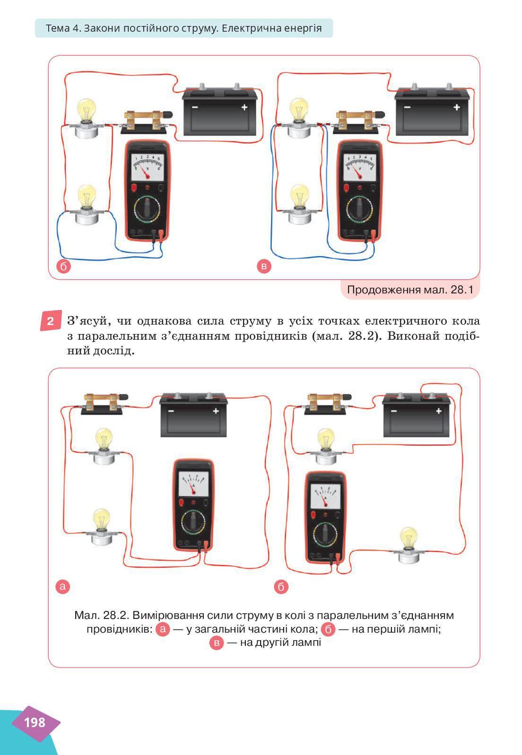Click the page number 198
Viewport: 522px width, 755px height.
pyautogui.click(x=35, y=722)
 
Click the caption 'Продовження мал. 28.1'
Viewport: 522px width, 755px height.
pyautogui.click(x=410, y=289)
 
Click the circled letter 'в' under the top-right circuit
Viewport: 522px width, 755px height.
pyautogui.click(x=264, y=266)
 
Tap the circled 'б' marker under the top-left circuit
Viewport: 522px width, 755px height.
pyautogui.click(x=64, y=266)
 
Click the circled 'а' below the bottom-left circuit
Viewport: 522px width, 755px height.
pyautogui.click(x=62, y=586)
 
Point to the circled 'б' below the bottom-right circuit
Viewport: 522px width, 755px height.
pyautogui.click(x=281, y=587)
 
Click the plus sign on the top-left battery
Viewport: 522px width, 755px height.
pyautogui.click(x=244, y=107)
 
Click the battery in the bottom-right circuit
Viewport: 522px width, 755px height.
pyautogui.click(x=416, y=415)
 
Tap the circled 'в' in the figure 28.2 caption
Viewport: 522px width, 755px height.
pyautogui.click(x=217, y=643)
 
